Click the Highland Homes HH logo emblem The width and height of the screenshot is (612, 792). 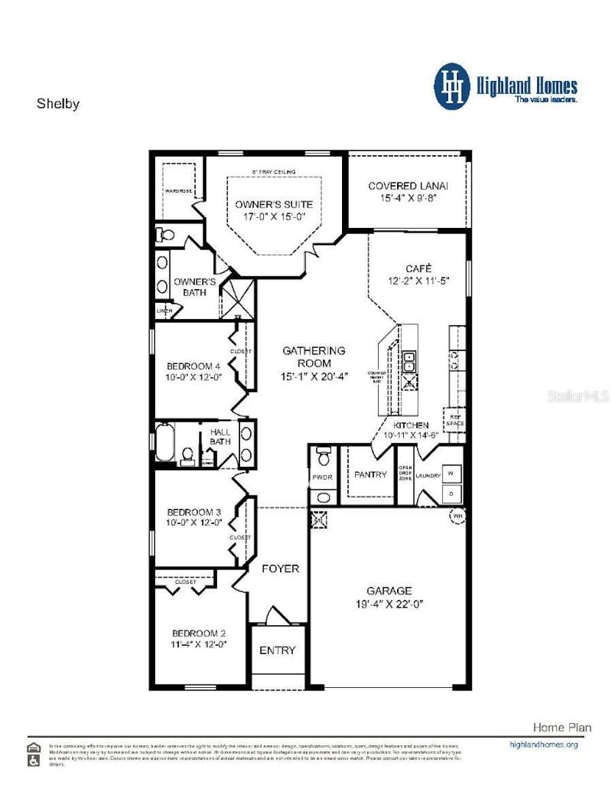452,86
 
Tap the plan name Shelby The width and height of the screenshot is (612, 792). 58,104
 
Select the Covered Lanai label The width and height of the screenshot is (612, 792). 408,186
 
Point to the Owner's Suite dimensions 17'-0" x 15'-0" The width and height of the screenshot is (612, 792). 274,216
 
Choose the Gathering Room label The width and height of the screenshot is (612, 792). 313,350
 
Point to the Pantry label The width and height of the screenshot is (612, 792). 370,474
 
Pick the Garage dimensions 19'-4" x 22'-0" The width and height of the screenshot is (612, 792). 389,604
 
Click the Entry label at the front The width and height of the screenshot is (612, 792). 277,650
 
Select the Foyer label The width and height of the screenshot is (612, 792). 280,568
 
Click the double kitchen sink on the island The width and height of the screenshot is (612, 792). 410,362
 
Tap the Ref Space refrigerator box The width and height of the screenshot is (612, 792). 454,419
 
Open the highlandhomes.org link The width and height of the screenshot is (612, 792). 543,744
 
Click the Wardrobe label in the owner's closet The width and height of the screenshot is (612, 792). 179,191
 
